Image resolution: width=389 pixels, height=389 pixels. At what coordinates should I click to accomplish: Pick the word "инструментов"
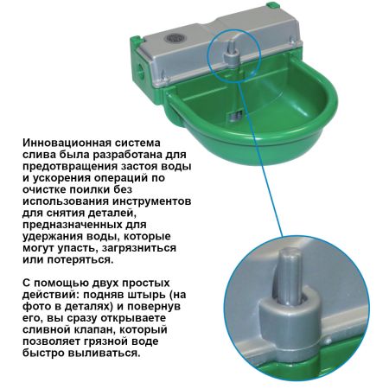pos(151,201)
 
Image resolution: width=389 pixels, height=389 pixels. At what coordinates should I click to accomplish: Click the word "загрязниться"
pos(139,248)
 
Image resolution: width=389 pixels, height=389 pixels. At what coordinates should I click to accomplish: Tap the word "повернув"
pos(154,307)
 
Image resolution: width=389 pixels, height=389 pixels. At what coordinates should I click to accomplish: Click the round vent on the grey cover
pos(173,38)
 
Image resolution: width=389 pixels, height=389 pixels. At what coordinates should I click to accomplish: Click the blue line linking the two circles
pos(261,156)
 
